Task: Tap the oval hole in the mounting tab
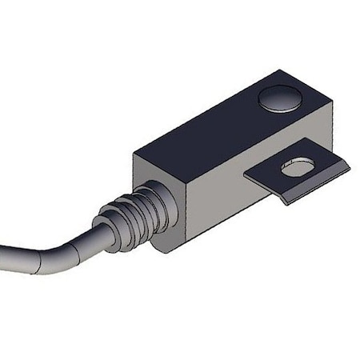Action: tap(297, 169)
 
